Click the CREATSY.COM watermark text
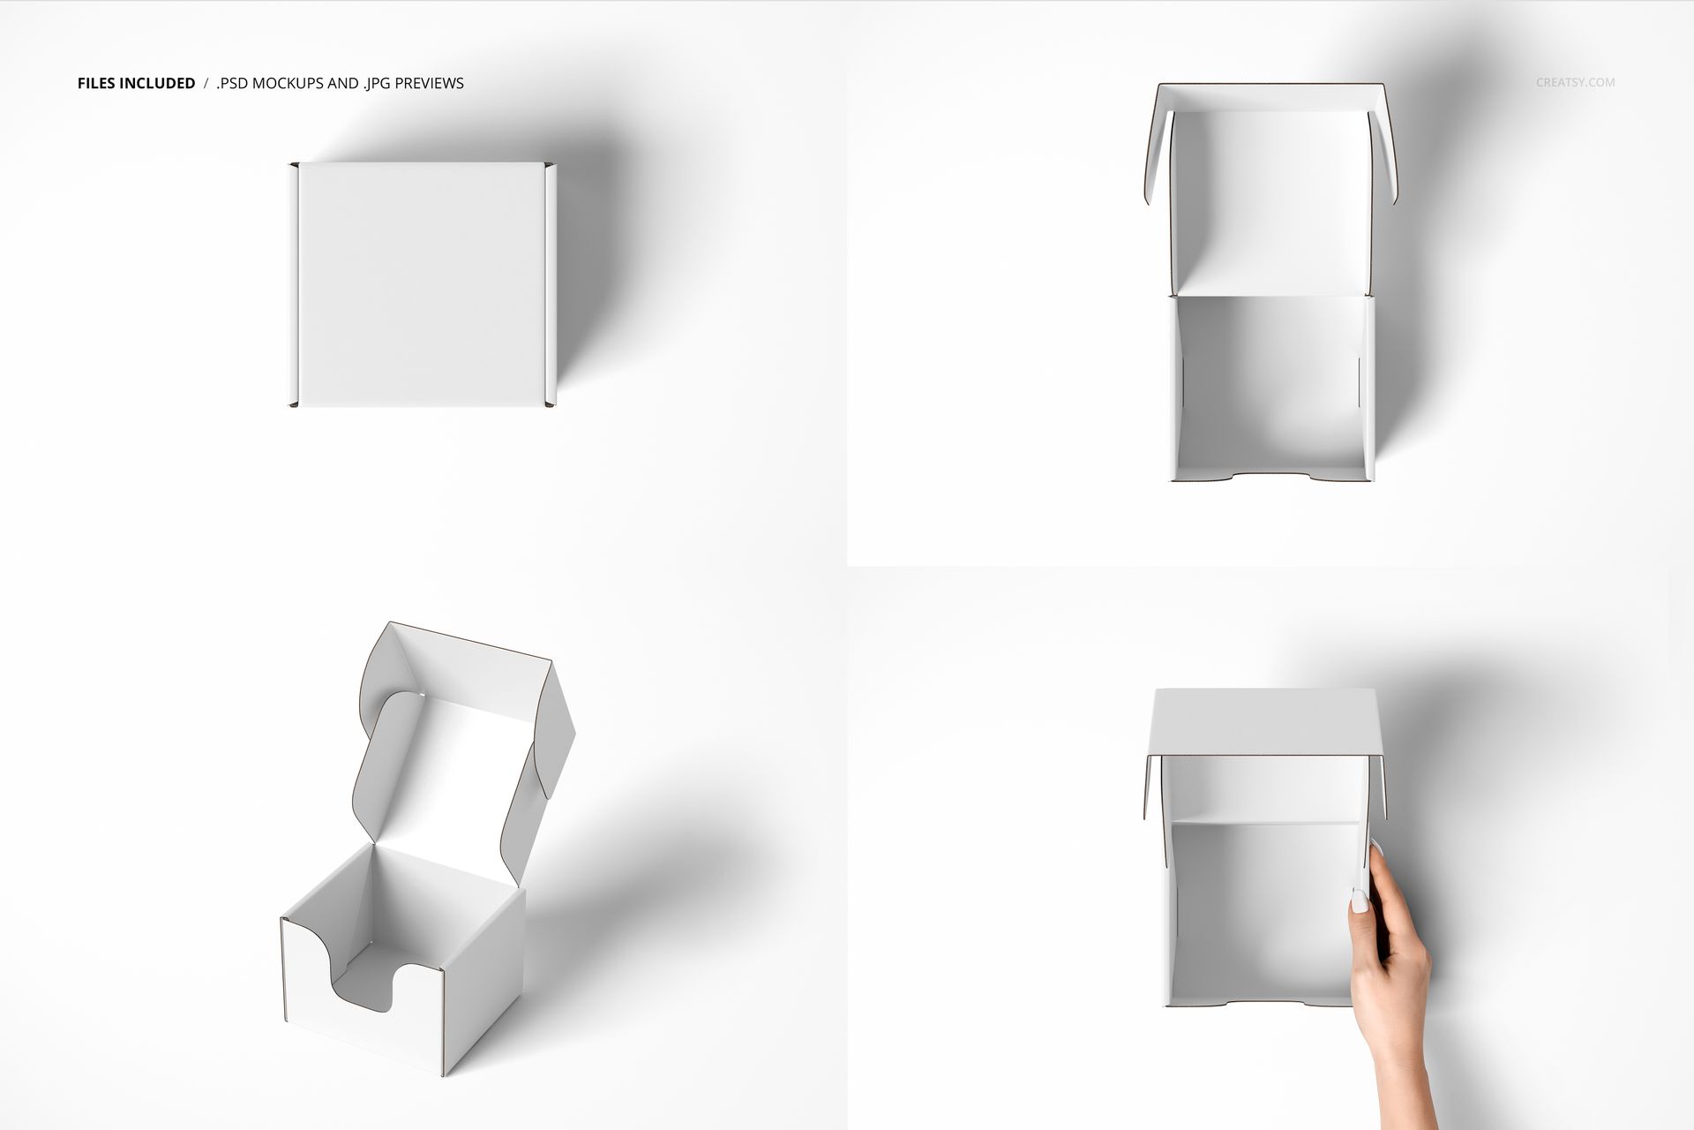tap(1575, 83)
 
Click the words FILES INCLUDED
tap(136, 84)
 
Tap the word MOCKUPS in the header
tap(299, 84)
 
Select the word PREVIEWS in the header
tap(429, 84)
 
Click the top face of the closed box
tap(420, 284)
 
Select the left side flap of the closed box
tap(293, 284)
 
